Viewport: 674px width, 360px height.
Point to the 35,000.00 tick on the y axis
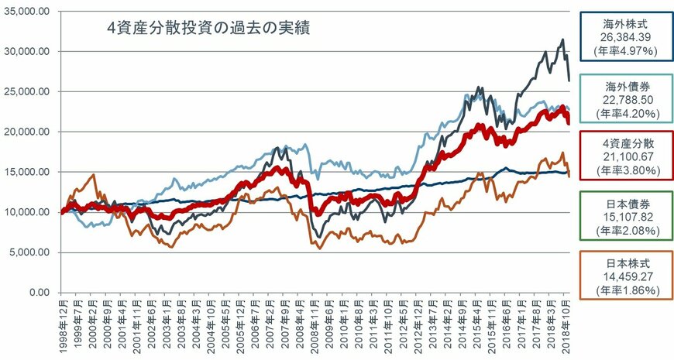pos(29,11)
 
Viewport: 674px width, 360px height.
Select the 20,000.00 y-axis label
pos(29,132)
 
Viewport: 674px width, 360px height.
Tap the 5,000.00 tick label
pos(32,252)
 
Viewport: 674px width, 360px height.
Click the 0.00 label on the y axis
pos(41,293)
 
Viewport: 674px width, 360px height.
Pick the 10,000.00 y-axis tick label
pos(29,212)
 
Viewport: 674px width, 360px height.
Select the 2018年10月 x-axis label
pos(569,325)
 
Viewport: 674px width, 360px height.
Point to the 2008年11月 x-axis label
pos(312,325)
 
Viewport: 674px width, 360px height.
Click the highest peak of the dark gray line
pos(562,40)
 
